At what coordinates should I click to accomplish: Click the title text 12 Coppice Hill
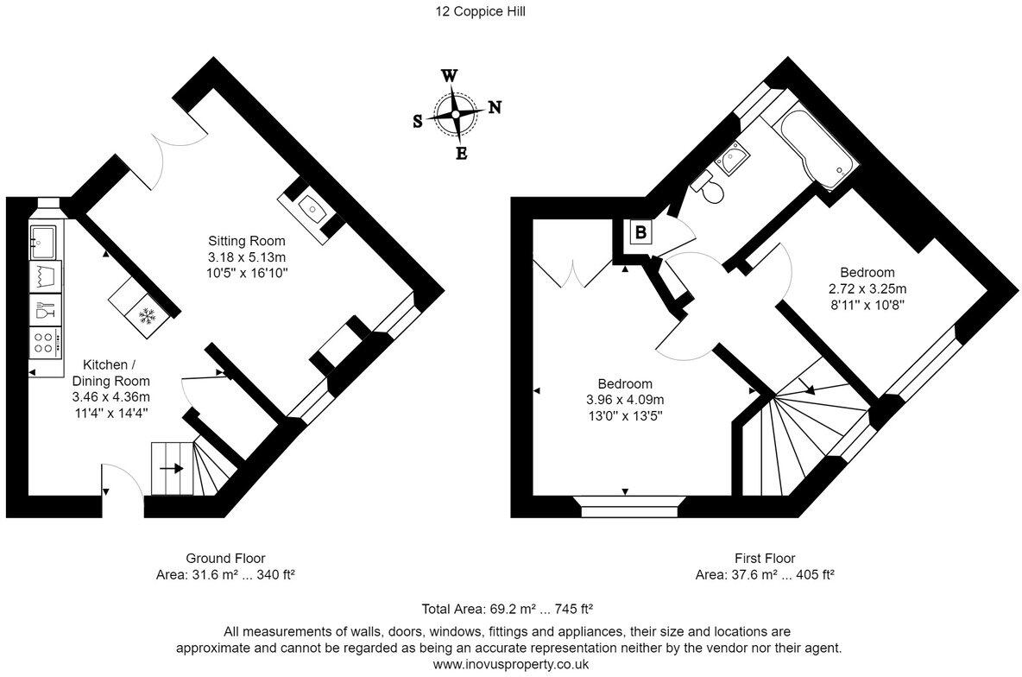pos(481,11)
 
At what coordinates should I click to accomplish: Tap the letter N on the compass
pos(495,108)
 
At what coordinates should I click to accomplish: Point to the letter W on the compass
pos(450,76)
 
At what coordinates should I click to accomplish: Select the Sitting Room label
pos(246,241)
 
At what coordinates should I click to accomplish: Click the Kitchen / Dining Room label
pos(110,373)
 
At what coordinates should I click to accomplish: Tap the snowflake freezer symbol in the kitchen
pos(148,317)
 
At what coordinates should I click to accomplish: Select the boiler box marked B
pos(640,231)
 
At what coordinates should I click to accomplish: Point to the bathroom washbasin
pos(730,157)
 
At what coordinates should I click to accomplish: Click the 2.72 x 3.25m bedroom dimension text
pos(867,288)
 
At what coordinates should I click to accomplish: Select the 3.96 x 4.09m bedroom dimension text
pos(625,400)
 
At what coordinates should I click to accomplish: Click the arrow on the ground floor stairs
pos(172,468)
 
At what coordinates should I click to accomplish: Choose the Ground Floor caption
pos(225,559)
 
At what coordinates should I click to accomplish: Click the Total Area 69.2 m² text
pos(507,609)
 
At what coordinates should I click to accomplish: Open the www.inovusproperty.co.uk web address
pos(511,664)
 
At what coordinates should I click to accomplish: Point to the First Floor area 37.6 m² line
pos(765,575)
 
